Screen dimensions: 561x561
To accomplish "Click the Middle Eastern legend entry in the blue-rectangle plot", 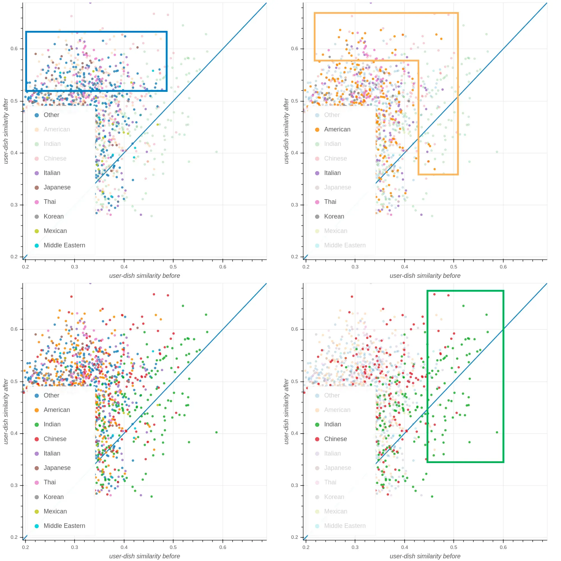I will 64,245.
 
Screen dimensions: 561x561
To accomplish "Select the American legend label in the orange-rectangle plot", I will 337,129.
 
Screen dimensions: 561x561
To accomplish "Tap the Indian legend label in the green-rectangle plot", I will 333,424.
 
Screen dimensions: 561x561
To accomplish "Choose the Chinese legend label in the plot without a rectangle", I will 55,439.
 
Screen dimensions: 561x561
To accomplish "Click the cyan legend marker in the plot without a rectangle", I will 36,526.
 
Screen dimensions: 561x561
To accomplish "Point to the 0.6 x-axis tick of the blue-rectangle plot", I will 223,267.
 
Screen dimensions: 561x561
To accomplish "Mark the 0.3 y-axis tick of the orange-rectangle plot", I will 294,205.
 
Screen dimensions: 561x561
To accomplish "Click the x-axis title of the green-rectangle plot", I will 425,556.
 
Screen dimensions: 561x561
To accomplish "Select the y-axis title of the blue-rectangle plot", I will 6,131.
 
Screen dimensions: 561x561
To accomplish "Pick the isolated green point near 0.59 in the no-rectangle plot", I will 216,432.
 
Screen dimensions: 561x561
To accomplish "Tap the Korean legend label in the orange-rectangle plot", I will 334,216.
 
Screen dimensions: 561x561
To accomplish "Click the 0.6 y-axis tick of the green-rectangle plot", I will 294,329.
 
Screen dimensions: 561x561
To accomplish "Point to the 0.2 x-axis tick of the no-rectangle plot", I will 25,547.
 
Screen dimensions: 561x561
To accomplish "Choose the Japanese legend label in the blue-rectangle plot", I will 57,187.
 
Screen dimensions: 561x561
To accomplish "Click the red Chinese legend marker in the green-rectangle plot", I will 317,439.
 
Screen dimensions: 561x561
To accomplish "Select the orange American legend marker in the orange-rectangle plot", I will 317,129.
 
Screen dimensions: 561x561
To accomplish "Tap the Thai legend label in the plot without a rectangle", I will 50,482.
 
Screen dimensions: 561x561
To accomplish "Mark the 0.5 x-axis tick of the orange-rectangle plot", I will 454,267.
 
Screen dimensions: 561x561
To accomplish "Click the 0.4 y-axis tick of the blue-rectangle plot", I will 14,153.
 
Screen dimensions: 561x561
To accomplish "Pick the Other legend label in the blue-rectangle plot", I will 51,115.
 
